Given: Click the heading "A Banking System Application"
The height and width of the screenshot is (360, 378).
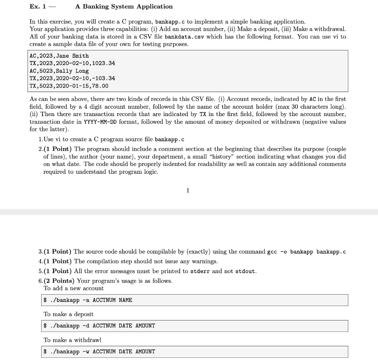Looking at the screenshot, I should (124, 7).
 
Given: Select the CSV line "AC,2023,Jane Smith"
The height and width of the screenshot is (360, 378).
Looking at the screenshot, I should (59, 56).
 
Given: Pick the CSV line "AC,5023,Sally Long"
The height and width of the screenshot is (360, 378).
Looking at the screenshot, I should (59, 71).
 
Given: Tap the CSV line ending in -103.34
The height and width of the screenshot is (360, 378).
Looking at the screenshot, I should (72, 78).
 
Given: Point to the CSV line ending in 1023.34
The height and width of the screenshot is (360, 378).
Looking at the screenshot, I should (72, 63).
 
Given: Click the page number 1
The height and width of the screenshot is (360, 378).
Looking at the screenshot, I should (188, 191).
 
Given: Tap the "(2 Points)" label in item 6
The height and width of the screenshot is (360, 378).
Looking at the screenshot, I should (59, 281).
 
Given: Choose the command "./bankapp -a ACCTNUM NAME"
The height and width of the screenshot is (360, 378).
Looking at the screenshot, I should (88, 300).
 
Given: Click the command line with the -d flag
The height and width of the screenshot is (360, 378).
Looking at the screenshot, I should (99, 326).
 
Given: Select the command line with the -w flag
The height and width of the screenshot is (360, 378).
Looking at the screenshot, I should (99, 351).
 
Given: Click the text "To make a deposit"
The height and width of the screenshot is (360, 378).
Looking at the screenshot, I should (68, 314).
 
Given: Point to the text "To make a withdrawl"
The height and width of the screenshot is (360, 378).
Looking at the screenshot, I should (72, 340).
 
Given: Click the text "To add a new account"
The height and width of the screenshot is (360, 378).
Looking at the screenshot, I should (73, 288).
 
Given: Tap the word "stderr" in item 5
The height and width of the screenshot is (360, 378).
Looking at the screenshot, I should (200, 271).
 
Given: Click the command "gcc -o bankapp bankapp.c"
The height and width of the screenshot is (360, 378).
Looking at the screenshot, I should (306, 252).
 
